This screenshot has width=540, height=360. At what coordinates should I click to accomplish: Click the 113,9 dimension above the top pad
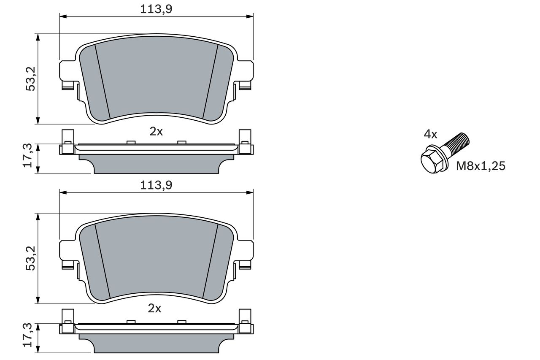156,9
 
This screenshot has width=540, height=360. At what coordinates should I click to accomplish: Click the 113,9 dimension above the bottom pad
156,185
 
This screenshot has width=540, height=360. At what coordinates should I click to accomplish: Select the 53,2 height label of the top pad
31,79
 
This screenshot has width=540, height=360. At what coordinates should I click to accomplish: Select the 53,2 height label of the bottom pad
31,258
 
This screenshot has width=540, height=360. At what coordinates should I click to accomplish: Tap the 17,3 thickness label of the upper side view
27,156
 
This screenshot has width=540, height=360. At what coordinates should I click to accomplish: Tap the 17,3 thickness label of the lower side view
27,335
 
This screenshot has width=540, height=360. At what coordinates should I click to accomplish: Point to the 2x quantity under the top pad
156,132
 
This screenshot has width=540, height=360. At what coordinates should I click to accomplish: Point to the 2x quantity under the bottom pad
154,309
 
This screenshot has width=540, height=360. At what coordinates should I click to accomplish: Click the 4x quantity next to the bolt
431,134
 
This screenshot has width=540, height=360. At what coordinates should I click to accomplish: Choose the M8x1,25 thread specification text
481,166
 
